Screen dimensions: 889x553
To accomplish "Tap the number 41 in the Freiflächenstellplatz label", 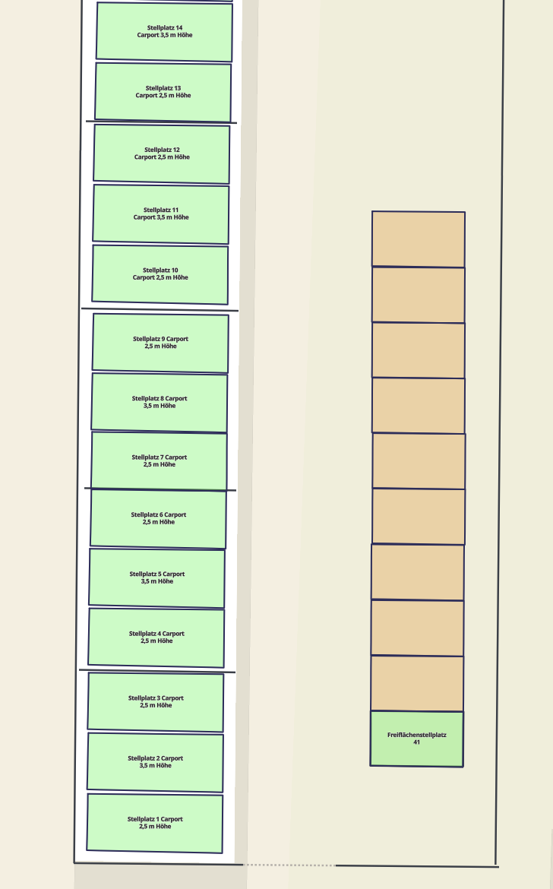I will tap(417, 742).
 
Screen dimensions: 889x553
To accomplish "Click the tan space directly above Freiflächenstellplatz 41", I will tap(417, 683).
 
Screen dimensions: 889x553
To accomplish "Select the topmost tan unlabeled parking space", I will tap(419, 239).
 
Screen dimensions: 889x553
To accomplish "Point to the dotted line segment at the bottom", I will tap(289, 865).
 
